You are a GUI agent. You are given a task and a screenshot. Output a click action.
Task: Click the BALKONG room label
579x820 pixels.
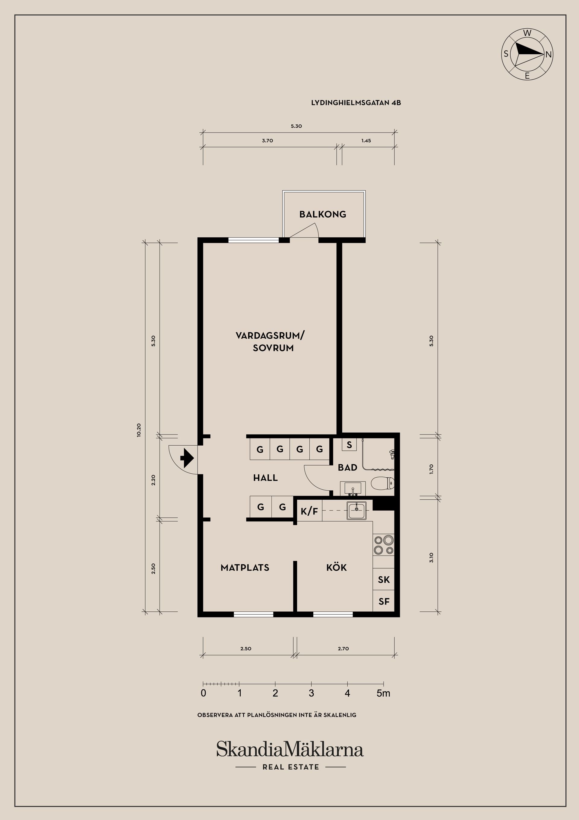(x=322, y=214)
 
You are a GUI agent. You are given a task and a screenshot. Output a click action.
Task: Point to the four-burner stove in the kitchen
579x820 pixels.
(x=384, y=545)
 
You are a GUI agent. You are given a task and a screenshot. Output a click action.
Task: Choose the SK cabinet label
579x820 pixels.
(x=384, y=580)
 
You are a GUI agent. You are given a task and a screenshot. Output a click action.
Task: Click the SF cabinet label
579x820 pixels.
(x=384, y=601)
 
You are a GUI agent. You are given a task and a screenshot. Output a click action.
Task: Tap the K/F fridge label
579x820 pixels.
(x=309, y=511)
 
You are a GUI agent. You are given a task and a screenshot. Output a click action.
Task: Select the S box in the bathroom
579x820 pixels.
(x=349, y=445)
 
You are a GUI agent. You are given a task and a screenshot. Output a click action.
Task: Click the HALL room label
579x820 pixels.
(x=265, y=478)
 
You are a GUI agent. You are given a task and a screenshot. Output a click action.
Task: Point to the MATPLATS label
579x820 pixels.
(x=245, y=568)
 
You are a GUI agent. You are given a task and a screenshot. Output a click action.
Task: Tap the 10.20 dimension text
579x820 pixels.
(x=139, y=430)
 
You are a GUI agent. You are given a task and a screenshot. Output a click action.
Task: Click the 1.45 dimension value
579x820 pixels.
(x=366, y=141)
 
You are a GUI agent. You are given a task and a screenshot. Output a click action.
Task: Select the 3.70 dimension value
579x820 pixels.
(x=267, y=141)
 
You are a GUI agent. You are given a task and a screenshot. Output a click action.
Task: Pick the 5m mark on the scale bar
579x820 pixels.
(x=384, y=693)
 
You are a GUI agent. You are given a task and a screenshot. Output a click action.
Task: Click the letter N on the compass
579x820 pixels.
(x=549, y=55)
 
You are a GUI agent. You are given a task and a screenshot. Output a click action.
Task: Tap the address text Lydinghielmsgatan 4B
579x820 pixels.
(x=356, y=103)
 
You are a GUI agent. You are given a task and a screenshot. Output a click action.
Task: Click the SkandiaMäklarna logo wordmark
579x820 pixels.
(x=290, y=749)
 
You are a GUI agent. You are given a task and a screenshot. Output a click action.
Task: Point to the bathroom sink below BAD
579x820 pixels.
(x=352, y=488)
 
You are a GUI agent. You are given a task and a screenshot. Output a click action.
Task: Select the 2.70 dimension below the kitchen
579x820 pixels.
(x=343, y=649)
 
